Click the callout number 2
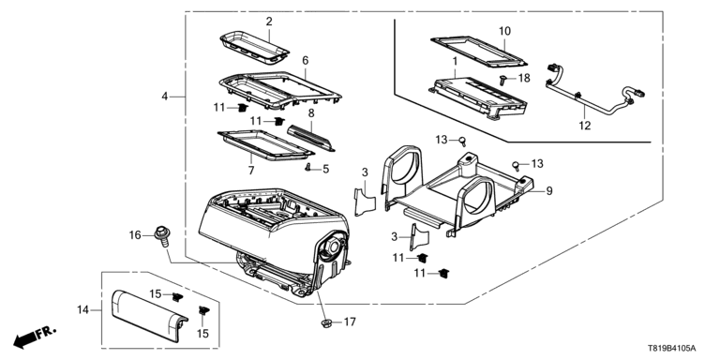269,22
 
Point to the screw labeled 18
504,81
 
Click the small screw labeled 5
308,168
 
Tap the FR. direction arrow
34,337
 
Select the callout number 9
549,191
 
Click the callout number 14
82,310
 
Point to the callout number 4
164,97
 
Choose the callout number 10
504,31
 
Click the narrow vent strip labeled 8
311,137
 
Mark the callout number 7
251,171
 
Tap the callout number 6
306,60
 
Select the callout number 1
455,61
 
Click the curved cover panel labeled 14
149,317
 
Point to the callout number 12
585,126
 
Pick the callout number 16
135,235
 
